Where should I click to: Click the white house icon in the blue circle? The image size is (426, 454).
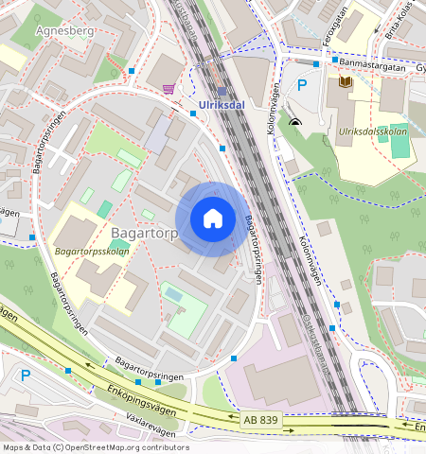click(213, 219)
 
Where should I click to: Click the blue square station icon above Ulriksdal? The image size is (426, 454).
click(222, 92)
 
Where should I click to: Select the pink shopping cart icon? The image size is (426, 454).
click(169, 89)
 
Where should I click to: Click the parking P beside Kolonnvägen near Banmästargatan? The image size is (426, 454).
click(303, 86)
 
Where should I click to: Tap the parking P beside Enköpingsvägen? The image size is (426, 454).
click(26, 375)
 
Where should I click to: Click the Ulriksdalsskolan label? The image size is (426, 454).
click(372, 131)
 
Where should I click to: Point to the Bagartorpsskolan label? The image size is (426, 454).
click(91, 253)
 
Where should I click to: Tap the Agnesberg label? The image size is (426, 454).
click(63, 30)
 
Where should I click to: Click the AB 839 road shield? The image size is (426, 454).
click(260, 419)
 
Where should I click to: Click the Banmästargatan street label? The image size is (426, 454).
click(372, 67)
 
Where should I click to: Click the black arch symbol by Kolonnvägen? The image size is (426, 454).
click(297, 121)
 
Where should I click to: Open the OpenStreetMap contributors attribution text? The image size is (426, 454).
click(96, 447)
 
